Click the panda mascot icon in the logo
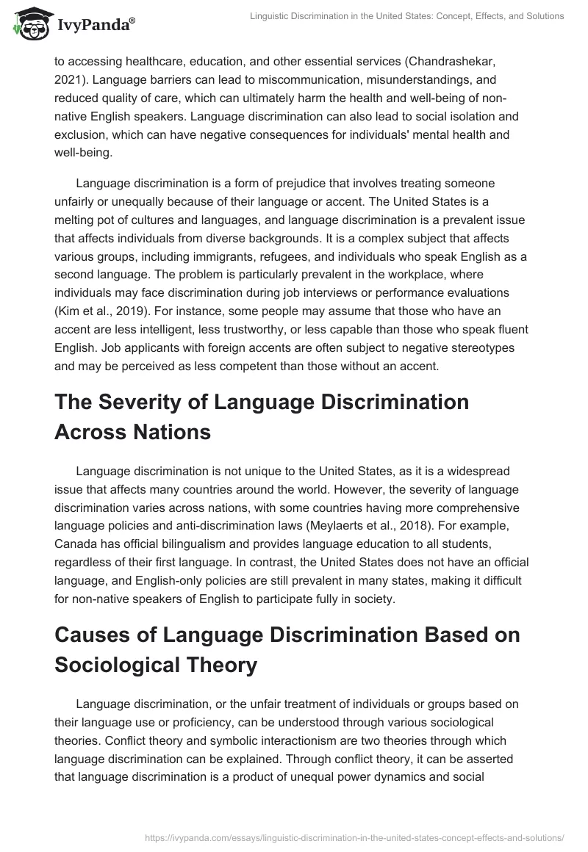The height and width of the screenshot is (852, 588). click(28, 24)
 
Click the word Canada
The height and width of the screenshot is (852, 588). click(76, 543)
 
